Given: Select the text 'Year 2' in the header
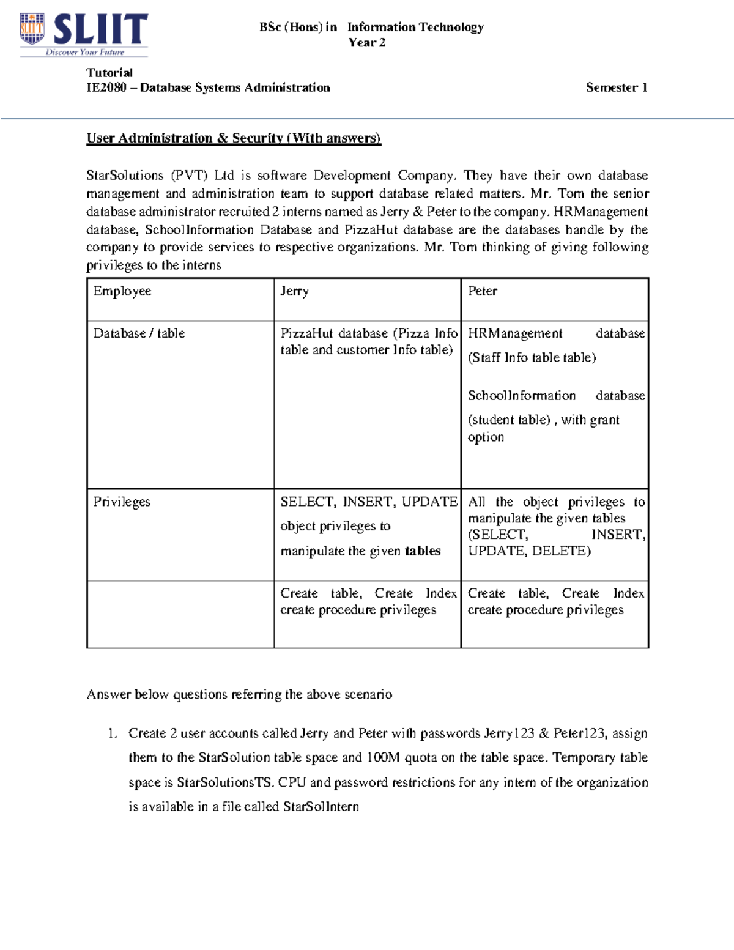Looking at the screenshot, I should pos(366,43).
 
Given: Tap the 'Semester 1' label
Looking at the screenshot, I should pos(616,87).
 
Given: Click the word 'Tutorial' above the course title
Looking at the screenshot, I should pos(109,72).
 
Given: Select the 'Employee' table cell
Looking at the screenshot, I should pos(122,291).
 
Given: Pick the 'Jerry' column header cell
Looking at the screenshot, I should pos(294,291).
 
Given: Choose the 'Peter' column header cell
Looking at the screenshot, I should pos(482,291).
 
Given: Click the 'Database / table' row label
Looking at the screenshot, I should pos(139,333).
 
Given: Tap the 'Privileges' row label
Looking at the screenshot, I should pos(122,502).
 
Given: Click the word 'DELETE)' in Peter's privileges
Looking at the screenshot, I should pos(561,551).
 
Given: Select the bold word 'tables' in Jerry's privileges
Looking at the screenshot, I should pos(423,551).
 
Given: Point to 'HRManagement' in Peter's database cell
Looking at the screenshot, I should pos(515,333).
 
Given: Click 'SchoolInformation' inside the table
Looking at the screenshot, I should pos(522,396).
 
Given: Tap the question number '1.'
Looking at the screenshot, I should pos(112,733).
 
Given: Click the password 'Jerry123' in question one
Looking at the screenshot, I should pos(509,733).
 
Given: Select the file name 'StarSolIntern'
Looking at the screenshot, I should pos(321,807).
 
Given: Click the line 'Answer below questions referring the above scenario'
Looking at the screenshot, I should pos(239,694).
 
